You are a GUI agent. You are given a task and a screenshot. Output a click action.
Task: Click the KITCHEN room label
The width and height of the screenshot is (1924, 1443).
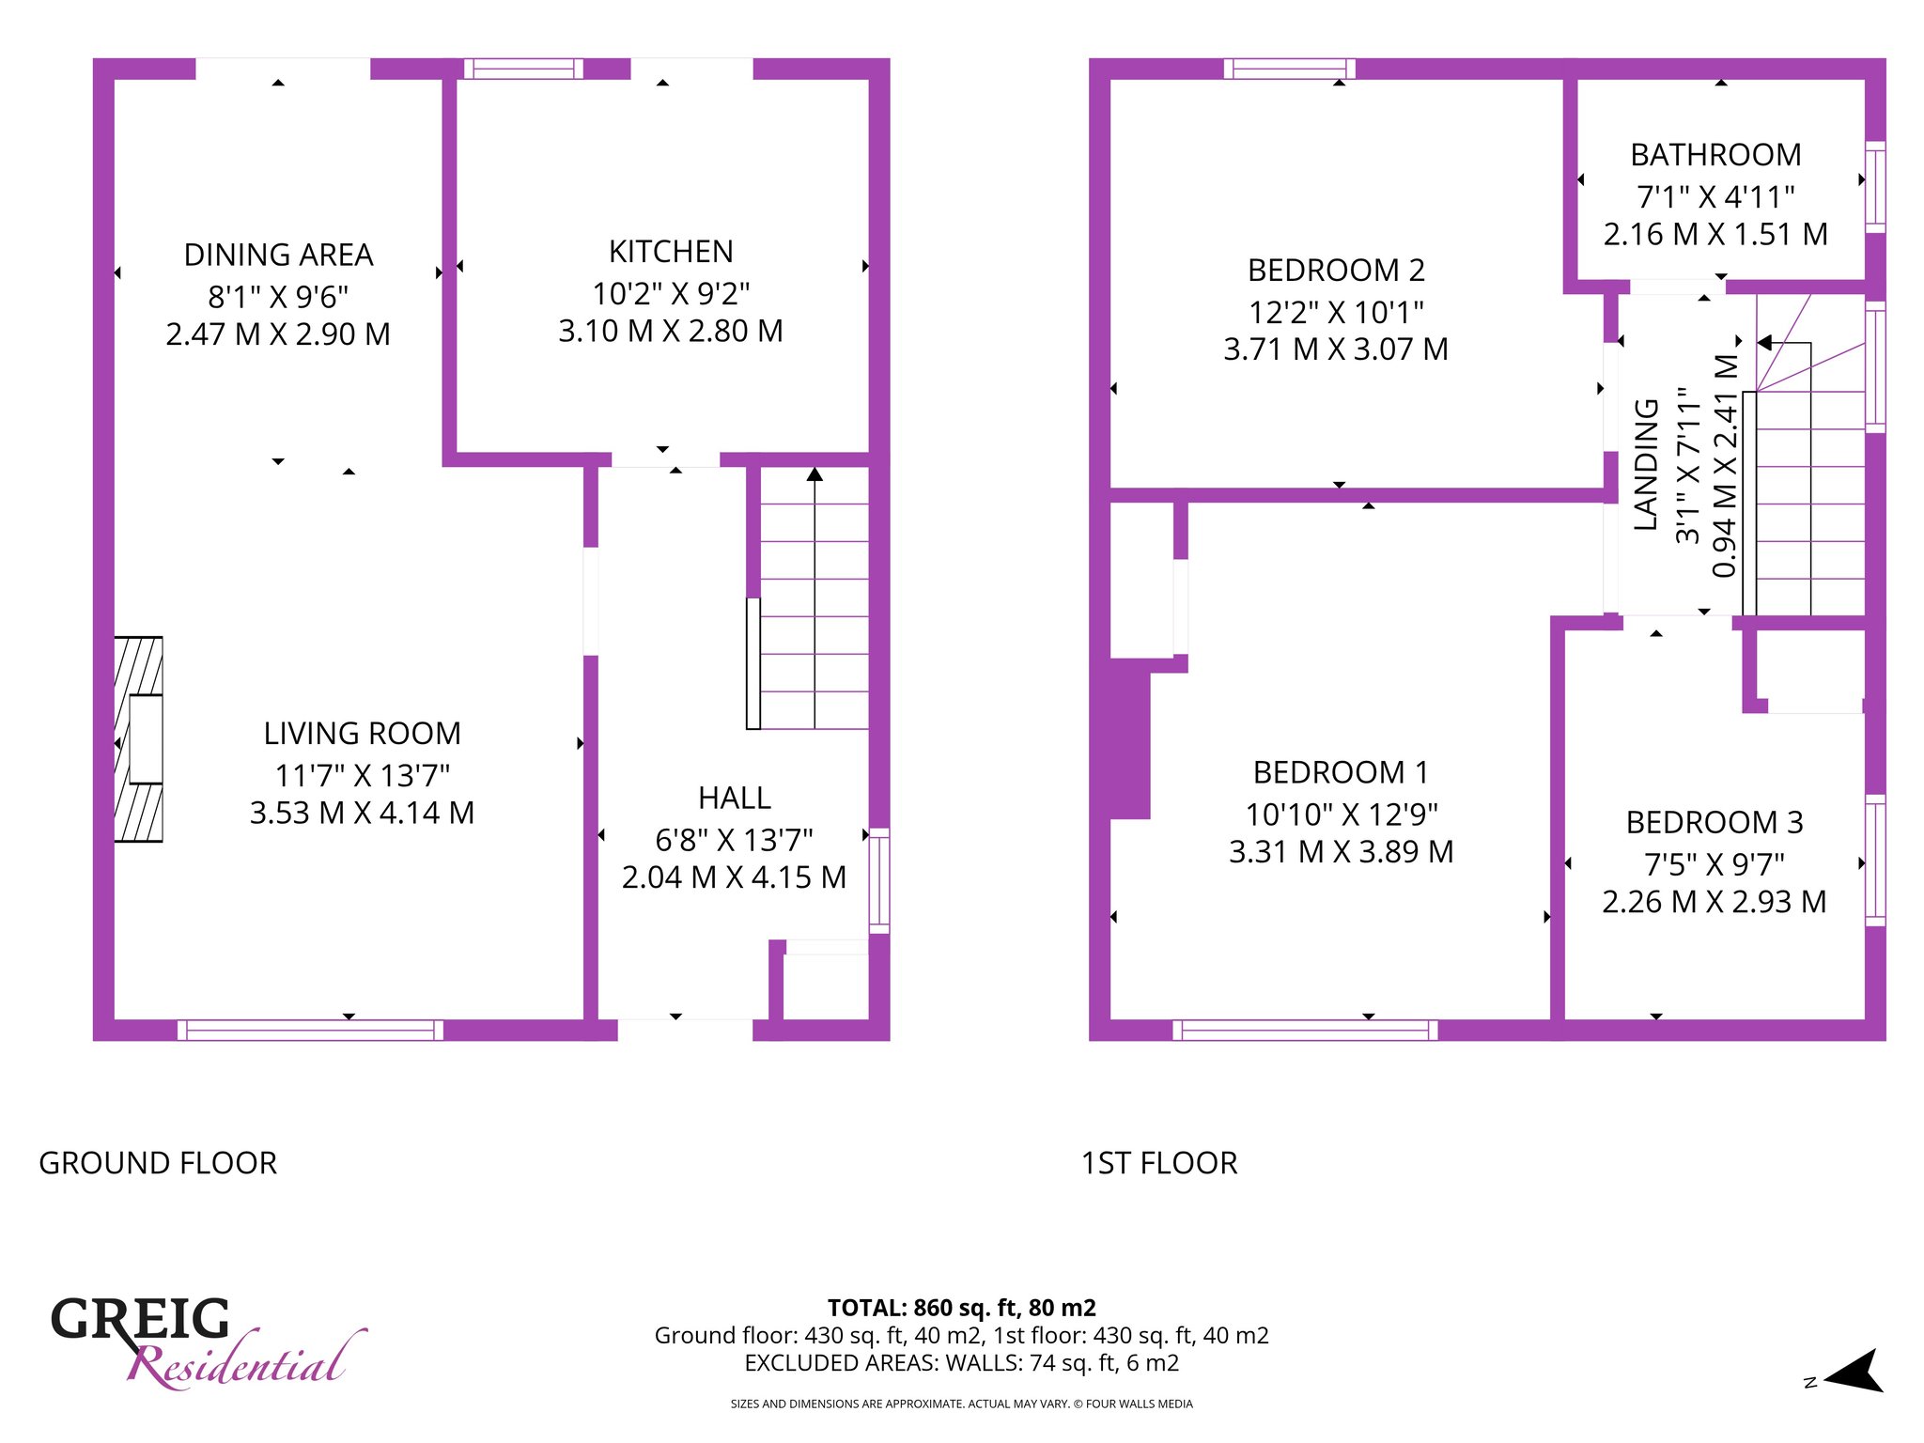[671, 252]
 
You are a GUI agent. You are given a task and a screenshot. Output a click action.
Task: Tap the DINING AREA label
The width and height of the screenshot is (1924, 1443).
[278, 256]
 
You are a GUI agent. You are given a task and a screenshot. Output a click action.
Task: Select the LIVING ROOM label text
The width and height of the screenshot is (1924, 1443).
[363, 734]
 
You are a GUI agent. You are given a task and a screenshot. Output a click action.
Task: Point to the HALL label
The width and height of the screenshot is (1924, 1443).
[735, 799]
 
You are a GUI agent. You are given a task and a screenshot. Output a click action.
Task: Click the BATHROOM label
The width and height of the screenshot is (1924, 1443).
[1715, 155]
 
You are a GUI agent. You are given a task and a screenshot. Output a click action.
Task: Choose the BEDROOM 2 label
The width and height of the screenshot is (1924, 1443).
[1336, 271]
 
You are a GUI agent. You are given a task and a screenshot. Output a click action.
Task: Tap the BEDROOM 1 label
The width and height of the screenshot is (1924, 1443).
[1341, 773]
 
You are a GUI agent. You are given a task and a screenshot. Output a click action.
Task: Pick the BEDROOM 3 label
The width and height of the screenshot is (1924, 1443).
[1715, 823]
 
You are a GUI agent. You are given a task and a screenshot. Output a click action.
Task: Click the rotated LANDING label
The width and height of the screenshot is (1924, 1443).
[1646, 465]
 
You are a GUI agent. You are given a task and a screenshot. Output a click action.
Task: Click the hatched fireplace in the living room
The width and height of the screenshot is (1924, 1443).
[138, 739]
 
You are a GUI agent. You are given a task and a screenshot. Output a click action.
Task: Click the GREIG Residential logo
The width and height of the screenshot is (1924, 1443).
[208, 1341]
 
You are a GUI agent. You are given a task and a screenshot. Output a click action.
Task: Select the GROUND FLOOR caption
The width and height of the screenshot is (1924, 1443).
[158, 1163]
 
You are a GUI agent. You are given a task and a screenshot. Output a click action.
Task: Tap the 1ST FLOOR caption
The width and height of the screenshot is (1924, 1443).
[1159, 1163]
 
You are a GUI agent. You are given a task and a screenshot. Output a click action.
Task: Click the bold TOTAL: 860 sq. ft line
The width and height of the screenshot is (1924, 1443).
[961, 1308]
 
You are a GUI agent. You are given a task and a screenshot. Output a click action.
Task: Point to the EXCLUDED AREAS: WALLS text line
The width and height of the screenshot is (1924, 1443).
[961, 1363]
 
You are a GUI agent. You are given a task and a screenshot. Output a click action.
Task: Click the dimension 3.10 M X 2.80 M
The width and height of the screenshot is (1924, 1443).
[671, 332]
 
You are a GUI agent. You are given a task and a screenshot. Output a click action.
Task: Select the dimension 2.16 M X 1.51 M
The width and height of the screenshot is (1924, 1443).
[1715, 235]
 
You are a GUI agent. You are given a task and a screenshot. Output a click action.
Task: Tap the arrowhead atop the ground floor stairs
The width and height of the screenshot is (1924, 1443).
[815, 474]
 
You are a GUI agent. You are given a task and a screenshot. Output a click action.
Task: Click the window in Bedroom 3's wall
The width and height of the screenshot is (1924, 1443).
[1875, 861]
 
